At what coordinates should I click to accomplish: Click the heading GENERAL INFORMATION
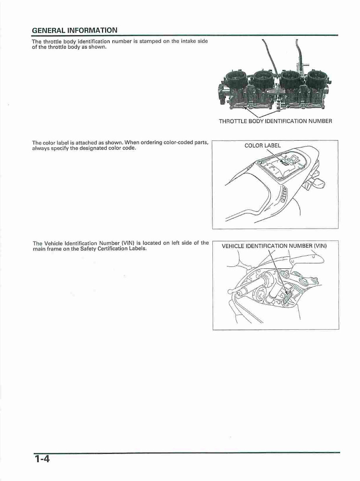pos(74,30)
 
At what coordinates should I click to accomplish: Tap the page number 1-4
pos(41,459)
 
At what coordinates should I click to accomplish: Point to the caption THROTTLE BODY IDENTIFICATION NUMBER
pos(275,121)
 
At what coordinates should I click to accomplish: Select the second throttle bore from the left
pos(263,78)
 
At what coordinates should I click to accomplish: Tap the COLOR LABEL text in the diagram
pos(263,145)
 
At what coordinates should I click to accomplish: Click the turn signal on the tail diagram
pos(319,184)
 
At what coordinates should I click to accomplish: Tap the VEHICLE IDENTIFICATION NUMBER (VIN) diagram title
pos(274,246)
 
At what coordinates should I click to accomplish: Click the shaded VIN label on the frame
pos(288,297)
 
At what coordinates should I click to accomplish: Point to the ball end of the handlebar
pos(230,292)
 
